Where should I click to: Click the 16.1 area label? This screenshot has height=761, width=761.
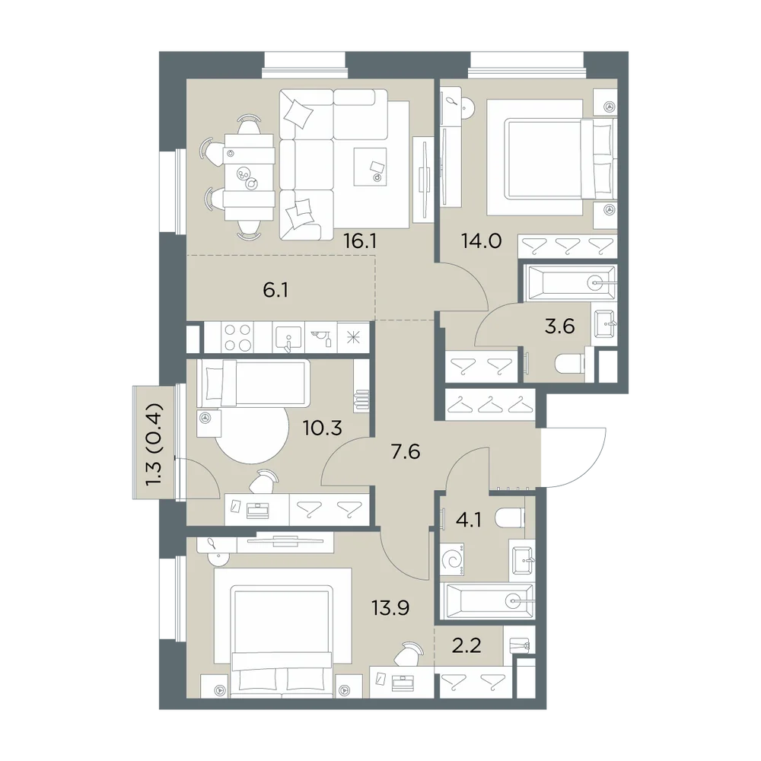360,240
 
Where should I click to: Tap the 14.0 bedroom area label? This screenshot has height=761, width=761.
482,240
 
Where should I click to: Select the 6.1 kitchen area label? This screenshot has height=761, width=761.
275,291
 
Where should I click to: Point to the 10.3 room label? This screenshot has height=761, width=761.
322,428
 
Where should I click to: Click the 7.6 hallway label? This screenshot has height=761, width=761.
406,452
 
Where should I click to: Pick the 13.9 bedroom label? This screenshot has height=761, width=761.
390,607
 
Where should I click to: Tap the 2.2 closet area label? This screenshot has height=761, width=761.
466,646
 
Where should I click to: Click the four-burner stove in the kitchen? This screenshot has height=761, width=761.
238,337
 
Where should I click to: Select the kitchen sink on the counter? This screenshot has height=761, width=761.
288,338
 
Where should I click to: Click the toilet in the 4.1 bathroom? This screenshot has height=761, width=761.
510,518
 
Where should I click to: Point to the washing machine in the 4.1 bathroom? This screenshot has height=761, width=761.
452,559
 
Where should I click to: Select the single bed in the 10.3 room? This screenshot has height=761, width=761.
253,384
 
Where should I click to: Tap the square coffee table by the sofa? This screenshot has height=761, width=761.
370,167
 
